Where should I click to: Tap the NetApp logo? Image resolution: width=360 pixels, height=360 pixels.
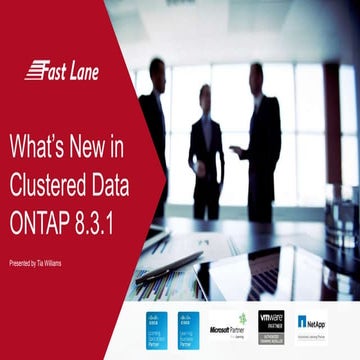[x=312, y=322]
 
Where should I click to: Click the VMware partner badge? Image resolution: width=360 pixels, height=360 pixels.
[x=272, y=321]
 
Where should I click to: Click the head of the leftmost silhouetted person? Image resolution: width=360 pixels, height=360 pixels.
[x=156, y=70]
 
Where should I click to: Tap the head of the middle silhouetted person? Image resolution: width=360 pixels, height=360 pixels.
[x=205, y=96]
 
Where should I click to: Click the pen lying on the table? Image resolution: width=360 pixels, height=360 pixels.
[x=170, y=266]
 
